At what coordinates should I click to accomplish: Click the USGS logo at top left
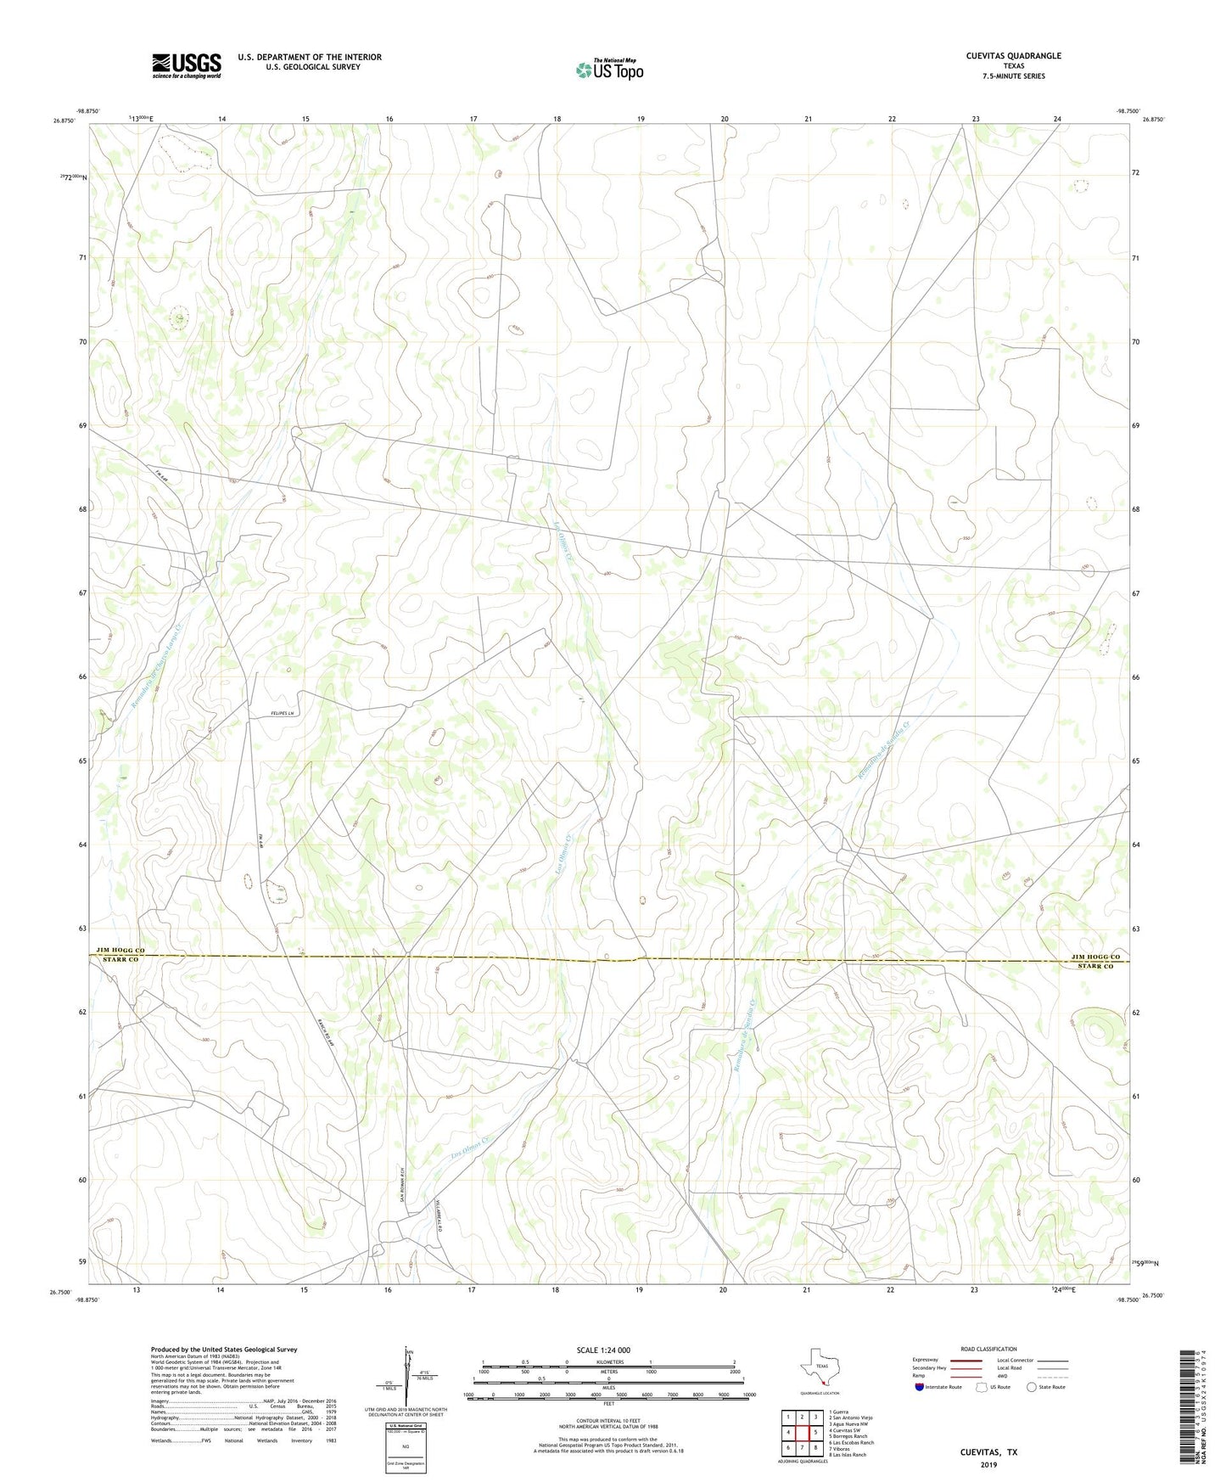[187, 65]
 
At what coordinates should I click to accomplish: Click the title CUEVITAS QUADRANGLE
[1013, 56]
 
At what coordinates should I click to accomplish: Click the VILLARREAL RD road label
[438, 1216]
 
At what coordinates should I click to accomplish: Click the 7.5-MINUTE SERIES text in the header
[1013, 76]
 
